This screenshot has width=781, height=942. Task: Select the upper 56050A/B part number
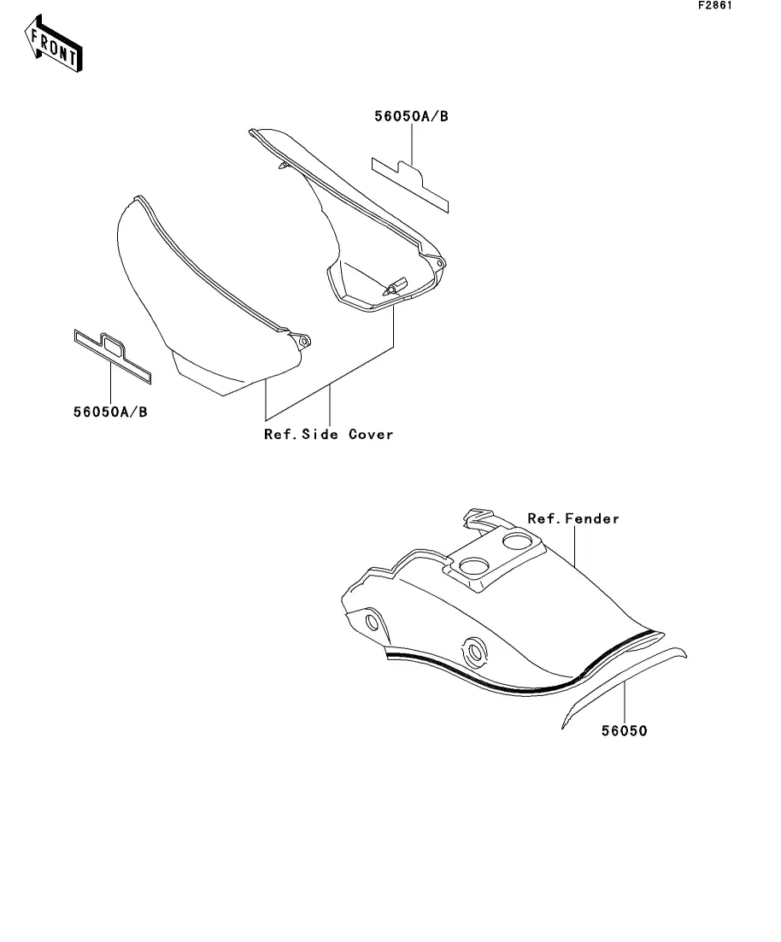pyautogui.click(x=410, y=117)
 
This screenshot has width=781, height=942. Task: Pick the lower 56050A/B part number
pyautogui.click(x=110, y=411)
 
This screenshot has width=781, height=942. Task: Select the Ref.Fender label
pyautogui.click(x=573, y=518)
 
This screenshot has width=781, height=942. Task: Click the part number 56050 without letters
pyautogui.click(x=625, y=731)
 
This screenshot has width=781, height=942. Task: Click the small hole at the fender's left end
pyautogui.click(x=372, y=620)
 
